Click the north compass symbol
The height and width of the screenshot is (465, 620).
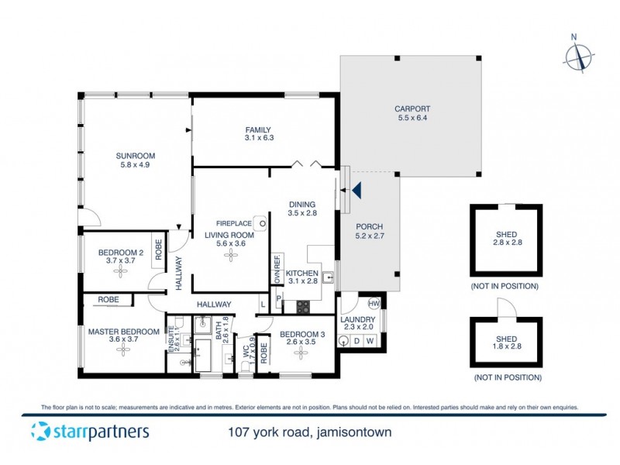[579, 56]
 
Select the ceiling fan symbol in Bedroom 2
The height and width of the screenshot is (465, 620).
[121, 272]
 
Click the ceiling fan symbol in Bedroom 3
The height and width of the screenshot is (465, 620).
[300, 353]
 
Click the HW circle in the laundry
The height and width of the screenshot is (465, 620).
[374, 304]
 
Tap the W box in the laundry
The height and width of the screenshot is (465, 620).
[370, 340]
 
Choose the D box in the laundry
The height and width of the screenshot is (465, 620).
[356, 340]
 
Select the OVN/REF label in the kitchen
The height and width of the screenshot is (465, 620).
[275, 270]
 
